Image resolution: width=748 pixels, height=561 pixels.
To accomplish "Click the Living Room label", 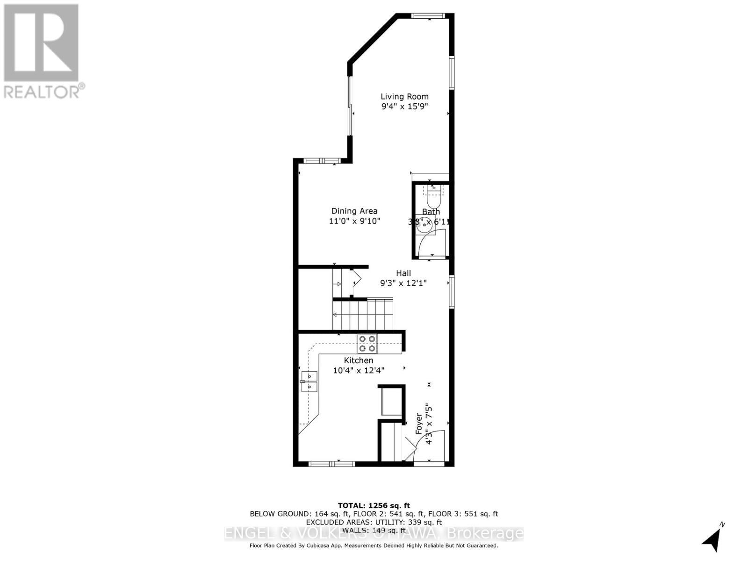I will [x=404, y=96].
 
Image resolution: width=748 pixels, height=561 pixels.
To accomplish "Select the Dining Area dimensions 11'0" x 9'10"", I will [x=354, y=221].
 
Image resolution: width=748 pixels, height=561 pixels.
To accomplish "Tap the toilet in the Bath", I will [x=434, y=198].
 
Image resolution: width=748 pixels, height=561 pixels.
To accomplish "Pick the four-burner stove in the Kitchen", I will [x=367, y=344].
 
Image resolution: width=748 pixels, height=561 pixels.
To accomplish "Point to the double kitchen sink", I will [x=309, y=381].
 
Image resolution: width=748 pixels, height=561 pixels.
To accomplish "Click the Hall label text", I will [x=403, y=273].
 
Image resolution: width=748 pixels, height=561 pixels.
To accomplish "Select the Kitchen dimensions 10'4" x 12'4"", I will [x=359, y=370].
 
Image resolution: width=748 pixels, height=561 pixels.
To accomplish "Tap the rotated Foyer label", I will [x=419, y=424].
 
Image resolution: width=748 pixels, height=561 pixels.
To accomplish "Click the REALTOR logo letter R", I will [x=41, y=43].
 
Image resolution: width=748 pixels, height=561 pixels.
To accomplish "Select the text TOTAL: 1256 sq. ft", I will [x=374, y=505].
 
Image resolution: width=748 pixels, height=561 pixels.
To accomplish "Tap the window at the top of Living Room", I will [x=428, y=16].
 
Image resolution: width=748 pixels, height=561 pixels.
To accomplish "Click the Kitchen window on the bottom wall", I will [x=331, y=464].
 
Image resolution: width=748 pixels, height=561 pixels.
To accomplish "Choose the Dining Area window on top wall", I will [x=322, y=161].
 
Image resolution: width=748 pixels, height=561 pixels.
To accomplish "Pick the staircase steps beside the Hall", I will [x=362, y=314].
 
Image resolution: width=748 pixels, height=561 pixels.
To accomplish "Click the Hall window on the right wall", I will [x=452, y=292].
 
